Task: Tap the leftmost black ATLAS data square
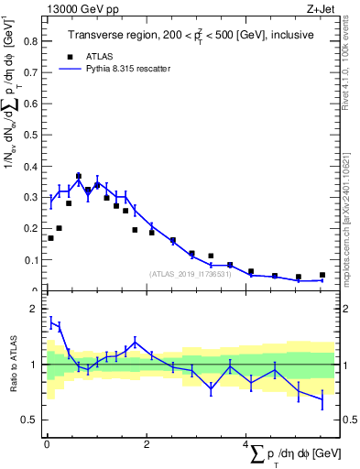[x=50, y=238]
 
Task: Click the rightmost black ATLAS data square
[x=322, y=275]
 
